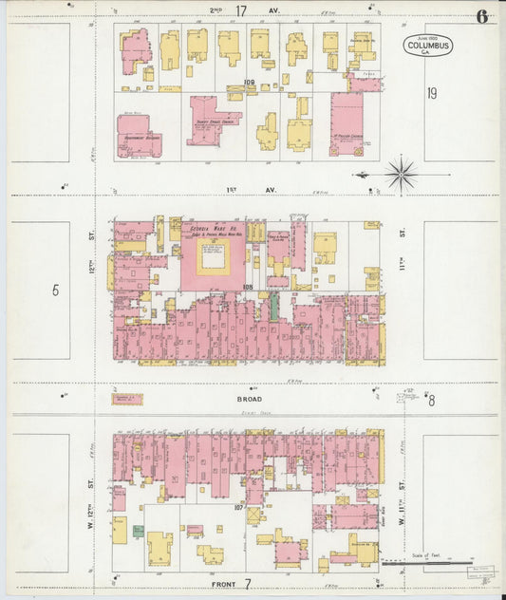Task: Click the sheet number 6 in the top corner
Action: coord(482,16)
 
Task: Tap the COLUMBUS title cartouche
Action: coord(428,47)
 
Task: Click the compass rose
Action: coord(401,175)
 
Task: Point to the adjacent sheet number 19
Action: coord(432,93)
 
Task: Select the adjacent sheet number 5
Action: coord(55,290)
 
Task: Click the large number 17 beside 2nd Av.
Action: coord(241,11)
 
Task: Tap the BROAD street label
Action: coord(250,400)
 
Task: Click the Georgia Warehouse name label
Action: coord(214,228)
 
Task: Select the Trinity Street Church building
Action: coord(211,119)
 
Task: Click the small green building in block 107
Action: coord(139,531)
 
